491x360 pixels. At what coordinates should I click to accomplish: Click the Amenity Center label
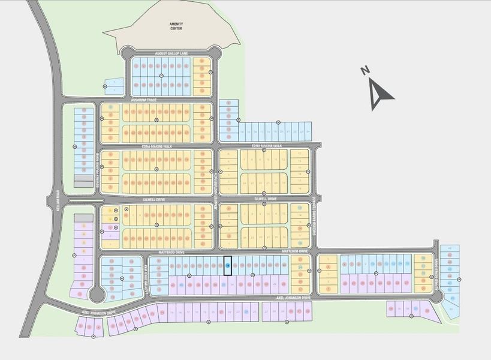point(176,25)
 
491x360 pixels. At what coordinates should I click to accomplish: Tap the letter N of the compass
point(365,71)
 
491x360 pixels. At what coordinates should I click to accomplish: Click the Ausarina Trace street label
point(144,100)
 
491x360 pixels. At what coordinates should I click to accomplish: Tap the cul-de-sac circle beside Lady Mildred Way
point(96,294)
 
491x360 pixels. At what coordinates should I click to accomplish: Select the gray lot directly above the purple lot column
point(83,218)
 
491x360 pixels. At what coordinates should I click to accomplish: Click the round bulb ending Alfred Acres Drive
point(438,296)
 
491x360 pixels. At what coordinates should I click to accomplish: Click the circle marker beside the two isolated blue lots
point(106,87)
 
